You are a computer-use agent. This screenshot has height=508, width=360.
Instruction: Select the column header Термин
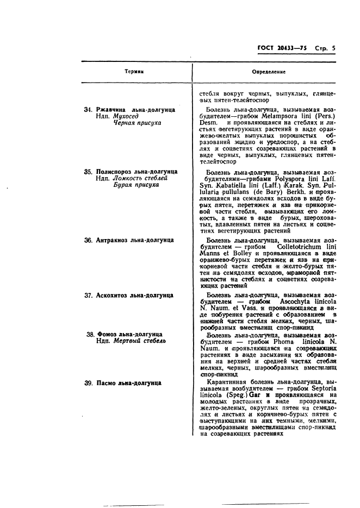click(x=134, y=71)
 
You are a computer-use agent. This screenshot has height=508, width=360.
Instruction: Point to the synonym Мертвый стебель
click(x=139, y=341)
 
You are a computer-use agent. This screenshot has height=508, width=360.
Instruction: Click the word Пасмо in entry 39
click(x=107, y=383)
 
